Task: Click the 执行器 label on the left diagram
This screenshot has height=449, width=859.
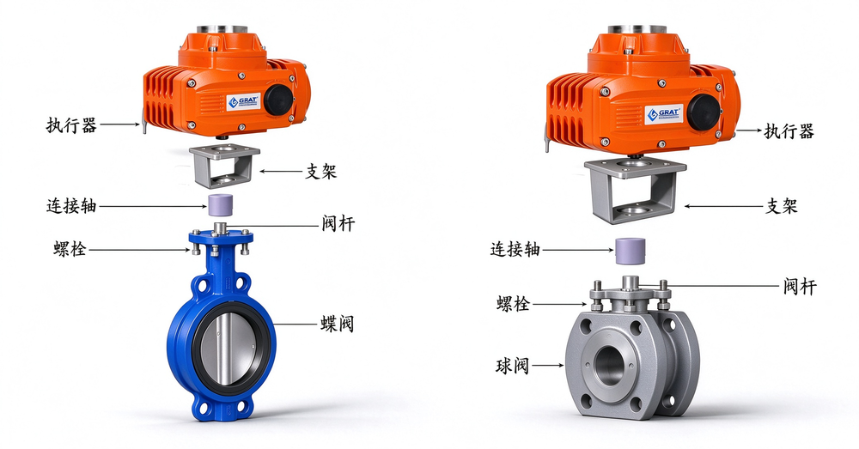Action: [71, 125]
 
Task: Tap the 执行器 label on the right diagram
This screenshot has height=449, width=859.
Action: [789, 131]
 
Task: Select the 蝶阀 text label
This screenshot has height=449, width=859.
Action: [338, 325]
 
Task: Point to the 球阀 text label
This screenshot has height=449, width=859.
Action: [513, 365]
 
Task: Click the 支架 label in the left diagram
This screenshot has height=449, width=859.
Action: [320, 172]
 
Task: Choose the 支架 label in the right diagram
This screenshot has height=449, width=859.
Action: [781, 206]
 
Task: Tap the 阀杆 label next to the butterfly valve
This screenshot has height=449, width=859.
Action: [338, 223]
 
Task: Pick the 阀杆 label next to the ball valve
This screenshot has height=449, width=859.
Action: [799, 286]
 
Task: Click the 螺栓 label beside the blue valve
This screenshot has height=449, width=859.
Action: [70, 249]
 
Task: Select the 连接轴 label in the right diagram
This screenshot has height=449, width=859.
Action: [515, 250]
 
